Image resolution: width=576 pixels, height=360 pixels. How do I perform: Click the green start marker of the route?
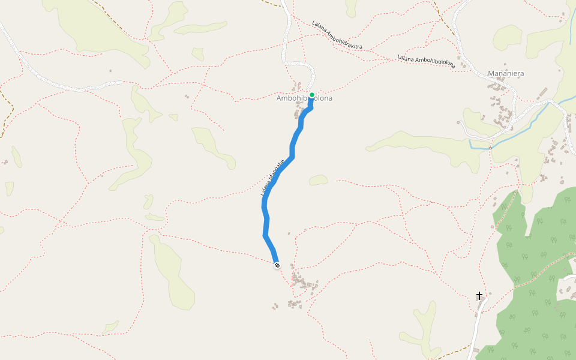[x=312, y=95]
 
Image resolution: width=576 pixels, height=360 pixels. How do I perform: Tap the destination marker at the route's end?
[x=277, y=265]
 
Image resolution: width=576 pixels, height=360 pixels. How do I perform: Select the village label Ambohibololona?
[x=304, y=98]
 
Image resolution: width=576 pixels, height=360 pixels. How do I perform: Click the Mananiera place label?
[x=506, y=73]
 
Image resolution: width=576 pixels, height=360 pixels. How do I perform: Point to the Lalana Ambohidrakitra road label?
[x=337, y=35]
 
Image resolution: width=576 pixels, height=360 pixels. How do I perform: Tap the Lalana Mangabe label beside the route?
[x=272, y=178]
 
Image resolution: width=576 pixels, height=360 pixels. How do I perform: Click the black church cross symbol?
[x=479, y=295]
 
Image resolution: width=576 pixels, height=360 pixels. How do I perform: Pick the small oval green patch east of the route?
[x=319, y=179]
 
